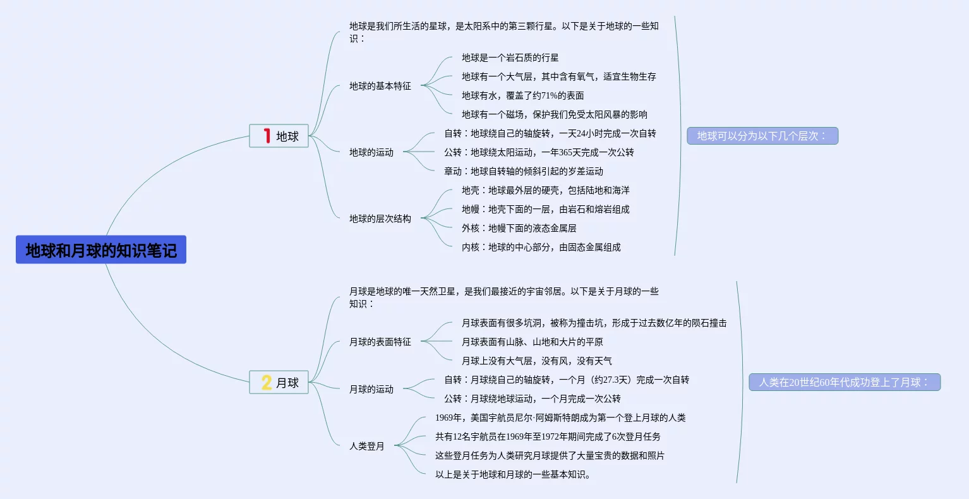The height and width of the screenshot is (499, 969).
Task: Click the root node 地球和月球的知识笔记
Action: pyautogui.click(x=101, y=250)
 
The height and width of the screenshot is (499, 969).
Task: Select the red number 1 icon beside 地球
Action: pyautogui.click(x=267, y=136)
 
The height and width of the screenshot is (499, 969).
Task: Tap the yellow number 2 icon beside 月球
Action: pyautogui.click(x=267, y=382)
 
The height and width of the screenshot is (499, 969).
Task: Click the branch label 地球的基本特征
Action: pyautogui.click(x=380, y=86)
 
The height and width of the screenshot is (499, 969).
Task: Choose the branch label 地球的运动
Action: pyautogui.click(x=371, y=152)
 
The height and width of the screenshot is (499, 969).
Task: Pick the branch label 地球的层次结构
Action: pyautogui.click(x=380, y=219)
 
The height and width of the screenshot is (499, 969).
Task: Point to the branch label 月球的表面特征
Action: pyautogui.click(x=380, y=342)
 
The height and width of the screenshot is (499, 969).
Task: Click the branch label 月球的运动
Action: pyautogui.click(x=371, y=389)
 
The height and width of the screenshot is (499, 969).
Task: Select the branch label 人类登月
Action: pyautogui.click(x=367, y=446)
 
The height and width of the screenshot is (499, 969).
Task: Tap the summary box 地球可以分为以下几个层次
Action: pyautogui.click(x=762, y=136)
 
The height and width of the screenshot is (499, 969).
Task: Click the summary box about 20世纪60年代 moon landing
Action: pyautogui.click(x=845, y=382)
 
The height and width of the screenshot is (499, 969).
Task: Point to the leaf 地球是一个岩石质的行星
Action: pyautogui.click(x=510, y=57)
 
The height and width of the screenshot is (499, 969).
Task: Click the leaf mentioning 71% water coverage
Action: pyautogui.click(x=522, y=95)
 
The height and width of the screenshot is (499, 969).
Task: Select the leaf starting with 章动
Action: pyautogui.click(x=523, y=171)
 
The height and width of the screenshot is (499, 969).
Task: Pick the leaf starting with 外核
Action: pyautogui.click(x=519, y=228)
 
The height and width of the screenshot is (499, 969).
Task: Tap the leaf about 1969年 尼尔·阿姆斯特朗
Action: pyautogui.click(x=560, y=418)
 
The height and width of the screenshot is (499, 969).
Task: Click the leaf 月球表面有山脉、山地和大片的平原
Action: pyautogui.click(x=532, y=342)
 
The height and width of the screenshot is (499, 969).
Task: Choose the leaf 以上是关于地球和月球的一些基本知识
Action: pyautogui.click(x=513, y=474)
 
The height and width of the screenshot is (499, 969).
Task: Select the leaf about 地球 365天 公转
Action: pyautogui.click(x=539, y=152)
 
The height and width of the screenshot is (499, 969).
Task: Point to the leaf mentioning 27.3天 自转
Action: pyautogui.click(x=567, y=380)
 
